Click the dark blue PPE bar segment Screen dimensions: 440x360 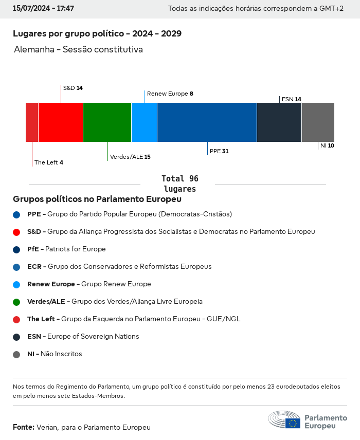tap(207, 122)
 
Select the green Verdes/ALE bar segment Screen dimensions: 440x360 tap(107, 122)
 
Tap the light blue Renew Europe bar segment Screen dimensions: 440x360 tap(144, 122)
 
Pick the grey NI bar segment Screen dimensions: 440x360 tap(318, 122)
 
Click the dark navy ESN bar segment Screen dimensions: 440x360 tap(279, 122)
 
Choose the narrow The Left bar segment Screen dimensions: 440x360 tap(32, 122)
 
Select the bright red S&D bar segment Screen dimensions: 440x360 tap(61, 122)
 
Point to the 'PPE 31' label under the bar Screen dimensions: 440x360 tap(219, 152)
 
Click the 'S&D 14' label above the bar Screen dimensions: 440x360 tap(73, 88)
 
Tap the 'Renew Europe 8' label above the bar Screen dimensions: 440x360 tap(170, 94)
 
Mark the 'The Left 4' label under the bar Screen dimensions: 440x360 tap(49, 162)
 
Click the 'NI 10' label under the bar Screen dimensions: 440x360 tap(327, 146)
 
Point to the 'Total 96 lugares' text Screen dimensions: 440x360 tap(180, 184)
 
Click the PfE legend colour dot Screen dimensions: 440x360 tap(16, 249)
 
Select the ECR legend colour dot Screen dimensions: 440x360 tap(16, 267)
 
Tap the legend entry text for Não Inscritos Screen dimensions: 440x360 tap(55, 354)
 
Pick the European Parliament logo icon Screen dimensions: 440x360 tap(284, 419)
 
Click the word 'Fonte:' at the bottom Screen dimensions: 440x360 tap(24, 427)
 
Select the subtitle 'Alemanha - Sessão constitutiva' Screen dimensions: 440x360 tap(78, 50)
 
